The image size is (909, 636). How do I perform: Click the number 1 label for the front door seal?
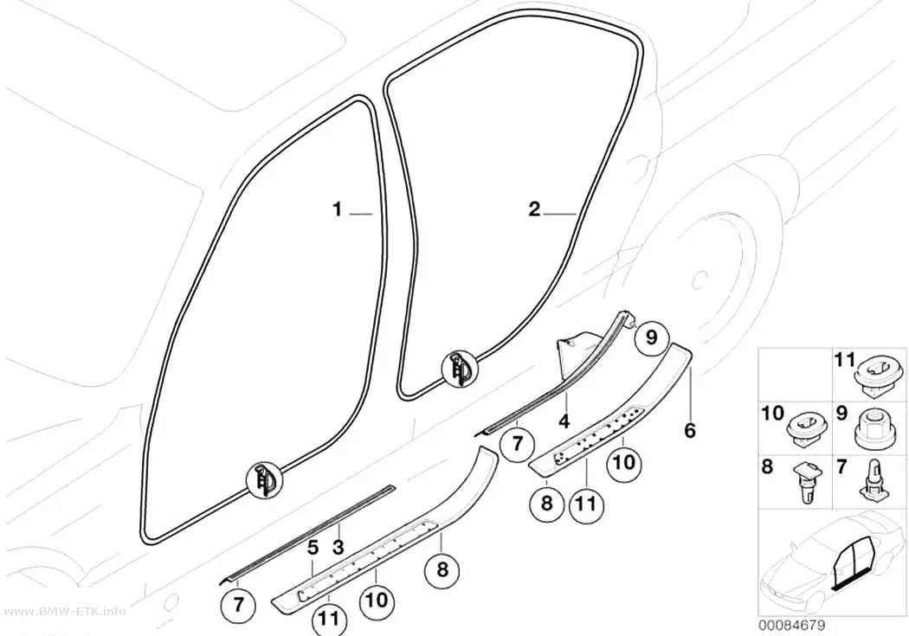337,209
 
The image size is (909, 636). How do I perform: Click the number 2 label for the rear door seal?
534,209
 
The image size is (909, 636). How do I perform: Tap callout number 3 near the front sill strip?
338,546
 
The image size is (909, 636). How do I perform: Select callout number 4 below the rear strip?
564,421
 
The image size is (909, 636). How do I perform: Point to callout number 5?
313,547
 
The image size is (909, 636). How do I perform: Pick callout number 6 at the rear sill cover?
689,430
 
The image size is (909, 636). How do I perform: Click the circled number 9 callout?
651,337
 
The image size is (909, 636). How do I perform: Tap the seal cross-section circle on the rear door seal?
460,369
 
